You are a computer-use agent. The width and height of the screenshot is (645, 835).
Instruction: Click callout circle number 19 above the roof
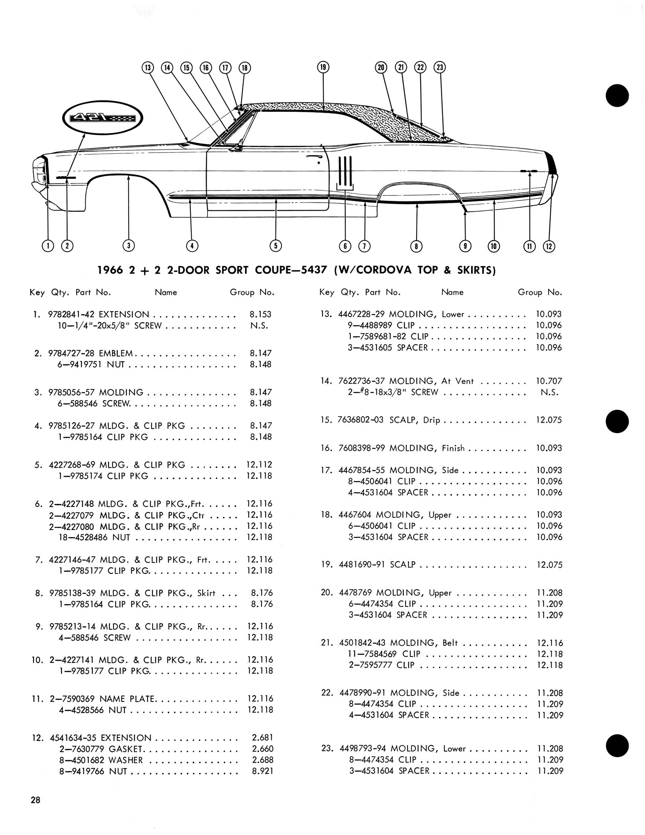pos(323,67)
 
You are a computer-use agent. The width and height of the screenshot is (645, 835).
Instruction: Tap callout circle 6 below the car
pos(345,246)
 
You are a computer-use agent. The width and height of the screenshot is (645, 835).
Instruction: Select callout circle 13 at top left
pos(148,68)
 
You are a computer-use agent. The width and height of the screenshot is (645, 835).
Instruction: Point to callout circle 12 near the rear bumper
pos(549,246)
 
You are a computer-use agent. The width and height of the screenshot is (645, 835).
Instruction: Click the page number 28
pos(36,800)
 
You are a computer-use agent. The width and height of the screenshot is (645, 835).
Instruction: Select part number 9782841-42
pos(71,315)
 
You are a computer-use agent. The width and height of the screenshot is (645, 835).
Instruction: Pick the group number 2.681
pos(263,737)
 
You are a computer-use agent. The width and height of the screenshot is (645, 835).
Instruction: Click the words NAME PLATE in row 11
pos(127,698)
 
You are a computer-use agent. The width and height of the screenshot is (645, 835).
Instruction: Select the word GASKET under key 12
pos(126,748)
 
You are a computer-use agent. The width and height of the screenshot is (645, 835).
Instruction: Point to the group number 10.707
pos(549,381)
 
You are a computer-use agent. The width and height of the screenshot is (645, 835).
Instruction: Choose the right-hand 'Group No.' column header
pos(540,293)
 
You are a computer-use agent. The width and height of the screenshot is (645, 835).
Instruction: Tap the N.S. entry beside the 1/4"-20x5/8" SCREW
pos(260,326)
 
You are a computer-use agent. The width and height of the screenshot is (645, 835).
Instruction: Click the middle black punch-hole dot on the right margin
pos(617,422)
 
